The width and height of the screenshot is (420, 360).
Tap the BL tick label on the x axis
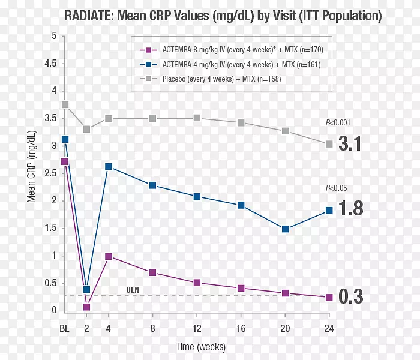[64, 328]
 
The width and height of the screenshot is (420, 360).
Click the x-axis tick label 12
[197, 328]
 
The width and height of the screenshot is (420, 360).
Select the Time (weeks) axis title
[201, 347]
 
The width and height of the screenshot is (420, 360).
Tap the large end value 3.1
[350, 144]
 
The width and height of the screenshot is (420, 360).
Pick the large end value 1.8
[350, 208]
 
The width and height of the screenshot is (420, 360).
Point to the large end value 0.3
[350, 296]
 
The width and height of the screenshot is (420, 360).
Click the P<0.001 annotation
[338, 123]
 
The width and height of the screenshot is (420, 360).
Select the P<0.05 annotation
[337, 188]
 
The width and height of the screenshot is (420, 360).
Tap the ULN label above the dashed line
[133, 290]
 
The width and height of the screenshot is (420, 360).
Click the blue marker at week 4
[109, 167]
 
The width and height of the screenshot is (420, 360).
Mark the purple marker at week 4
[109, 256]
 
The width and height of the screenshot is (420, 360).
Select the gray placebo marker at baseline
[65, 105]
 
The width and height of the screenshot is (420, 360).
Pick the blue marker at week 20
[285, 229]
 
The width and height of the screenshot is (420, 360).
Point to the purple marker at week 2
[86, 307]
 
